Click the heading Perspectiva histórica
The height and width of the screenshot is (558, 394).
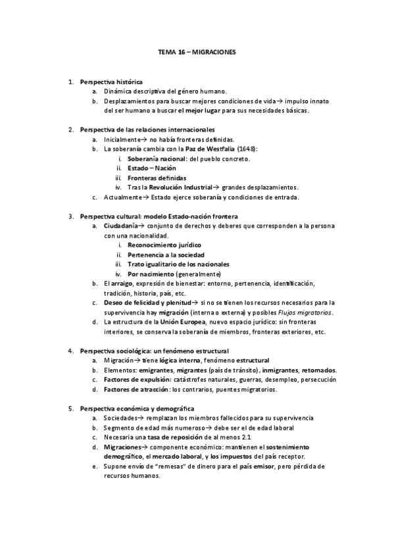[x=106, y=82]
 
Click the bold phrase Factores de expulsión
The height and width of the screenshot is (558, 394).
[x=135, y=379]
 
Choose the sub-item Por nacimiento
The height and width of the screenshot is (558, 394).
[x=151, y=274]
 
